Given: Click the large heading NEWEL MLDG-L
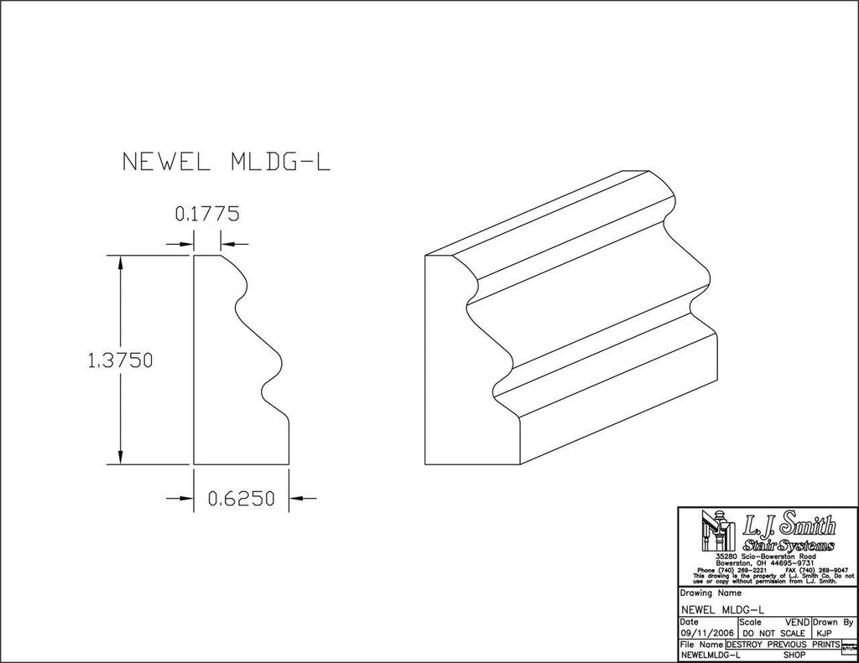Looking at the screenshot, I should (x=226, y=162).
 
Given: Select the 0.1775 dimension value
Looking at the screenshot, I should (x=206, y=214).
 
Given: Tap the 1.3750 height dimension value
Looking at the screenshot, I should (x=119, y=360).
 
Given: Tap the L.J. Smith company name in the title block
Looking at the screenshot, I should (x=789, y=526).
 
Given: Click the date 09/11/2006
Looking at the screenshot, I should (x=707, y=634).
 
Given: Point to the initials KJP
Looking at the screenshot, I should (x=824, y=634).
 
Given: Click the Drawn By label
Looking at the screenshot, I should (x=835, y=623).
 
